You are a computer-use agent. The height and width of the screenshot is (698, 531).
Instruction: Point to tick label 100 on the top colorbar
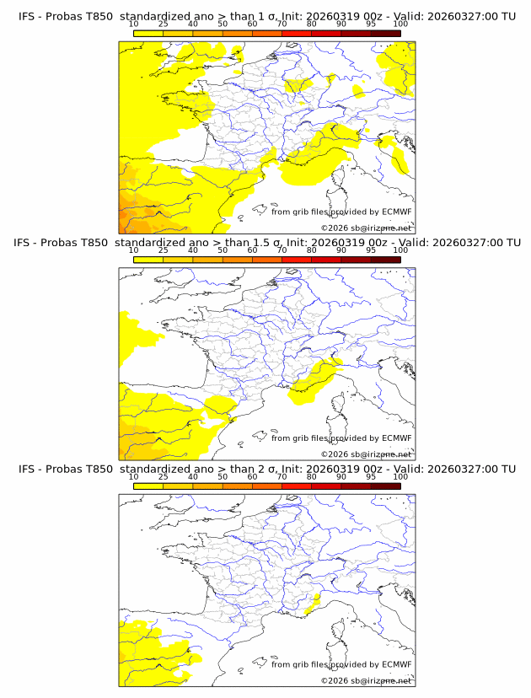point(400,24)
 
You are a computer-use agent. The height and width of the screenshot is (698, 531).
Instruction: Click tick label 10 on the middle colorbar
point(133,250)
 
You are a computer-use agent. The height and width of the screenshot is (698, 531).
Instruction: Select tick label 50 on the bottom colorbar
point(223,476)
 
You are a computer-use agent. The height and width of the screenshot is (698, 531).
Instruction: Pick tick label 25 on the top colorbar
point(163,24)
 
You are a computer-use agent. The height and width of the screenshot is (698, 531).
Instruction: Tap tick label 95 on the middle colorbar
point(371,250)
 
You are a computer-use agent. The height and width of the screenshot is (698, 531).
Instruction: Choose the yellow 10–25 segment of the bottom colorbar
point(147,484)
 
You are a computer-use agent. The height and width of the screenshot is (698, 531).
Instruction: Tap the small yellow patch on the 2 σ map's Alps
point(314,601)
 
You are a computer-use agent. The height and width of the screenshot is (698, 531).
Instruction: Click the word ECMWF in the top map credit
point(396,212)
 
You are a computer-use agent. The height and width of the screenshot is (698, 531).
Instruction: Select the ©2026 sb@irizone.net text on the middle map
point(366,454)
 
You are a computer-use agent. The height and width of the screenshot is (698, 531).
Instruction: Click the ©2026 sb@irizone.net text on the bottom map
point(366,679)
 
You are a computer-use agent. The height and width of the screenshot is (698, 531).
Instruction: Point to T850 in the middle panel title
point(96,242)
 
